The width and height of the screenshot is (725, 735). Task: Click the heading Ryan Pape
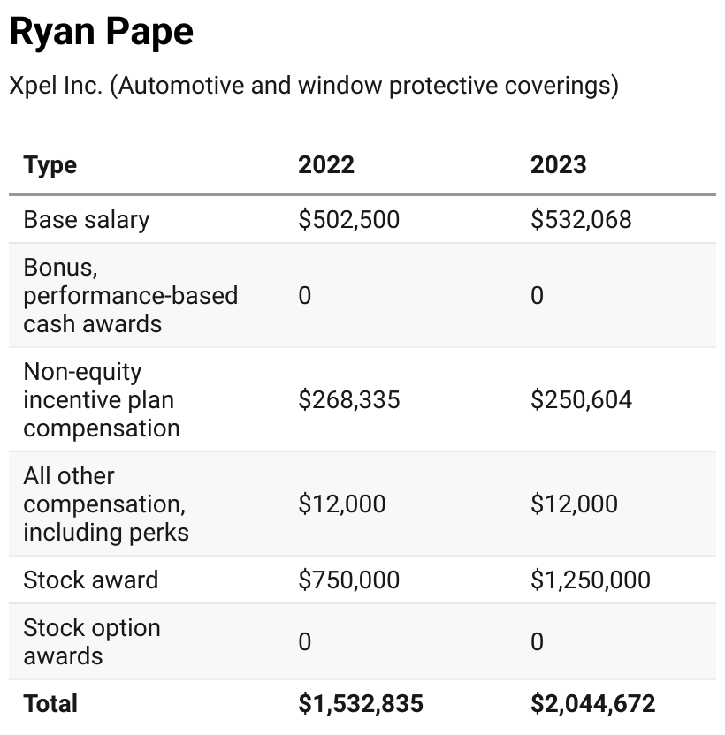101,32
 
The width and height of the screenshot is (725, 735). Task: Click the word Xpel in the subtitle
30,86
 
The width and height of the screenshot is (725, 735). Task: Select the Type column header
50,165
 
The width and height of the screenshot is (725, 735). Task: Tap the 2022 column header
326,165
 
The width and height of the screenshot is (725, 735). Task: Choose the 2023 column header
558,165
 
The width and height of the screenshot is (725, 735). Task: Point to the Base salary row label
87,219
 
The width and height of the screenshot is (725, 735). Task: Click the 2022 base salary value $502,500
349,219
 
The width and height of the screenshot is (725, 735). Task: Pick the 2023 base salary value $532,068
581,219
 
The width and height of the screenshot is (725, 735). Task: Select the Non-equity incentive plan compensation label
101,399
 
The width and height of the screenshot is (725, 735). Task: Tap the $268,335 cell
349,399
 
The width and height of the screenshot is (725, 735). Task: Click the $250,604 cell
581,399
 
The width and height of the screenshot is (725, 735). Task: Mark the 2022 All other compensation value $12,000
342,504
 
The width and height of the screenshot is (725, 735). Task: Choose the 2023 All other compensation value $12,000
574,504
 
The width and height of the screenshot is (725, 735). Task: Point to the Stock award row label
91,580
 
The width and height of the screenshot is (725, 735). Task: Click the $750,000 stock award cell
349,580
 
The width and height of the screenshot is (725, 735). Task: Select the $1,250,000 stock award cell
590,580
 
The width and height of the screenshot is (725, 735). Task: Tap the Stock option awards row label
92,641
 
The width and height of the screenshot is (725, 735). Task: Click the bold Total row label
50,703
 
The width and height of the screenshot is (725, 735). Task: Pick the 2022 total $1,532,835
361,703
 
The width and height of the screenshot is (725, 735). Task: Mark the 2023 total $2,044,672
592,703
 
